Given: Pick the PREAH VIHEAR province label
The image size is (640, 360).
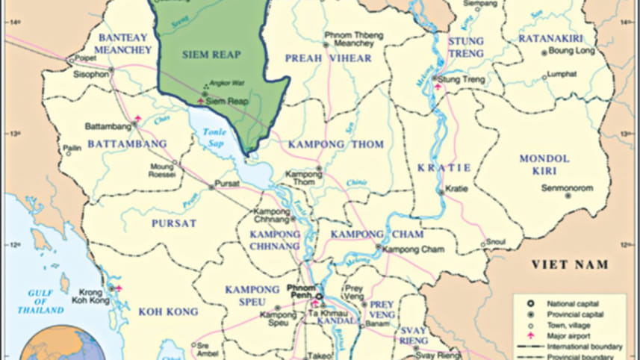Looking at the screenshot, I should click(328, 58).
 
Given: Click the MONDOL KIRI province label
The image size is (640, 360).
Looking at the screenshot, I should click(544, 165).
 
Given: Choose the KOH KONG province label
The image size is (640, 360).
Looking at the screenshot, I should click(168, 311).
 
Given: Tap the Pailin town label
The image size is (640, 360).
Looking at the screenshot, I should click(72, 149).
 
